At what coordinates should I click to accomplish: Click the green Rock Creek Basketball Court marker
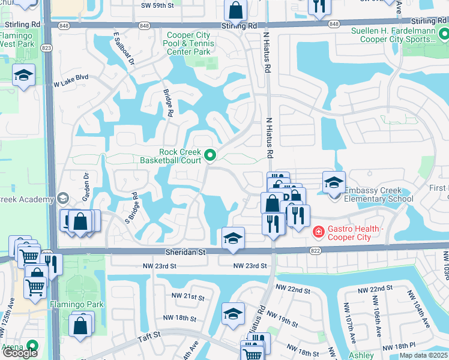[x=210, y=156]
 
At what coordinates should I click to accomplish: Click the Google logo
[x=20, y=353]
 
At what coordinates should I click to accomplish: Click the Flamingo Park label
[x=77, y=304]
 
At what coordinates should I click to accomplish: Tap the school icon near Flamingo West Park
[x=23, y=75]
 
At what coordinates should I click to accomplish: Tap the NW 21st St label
[x=185, y=297]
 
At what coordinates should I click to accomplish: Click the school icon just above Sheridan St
[x=233, y=238]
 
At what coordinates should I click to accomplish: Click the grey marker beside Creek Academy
[x=62, y=199]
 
